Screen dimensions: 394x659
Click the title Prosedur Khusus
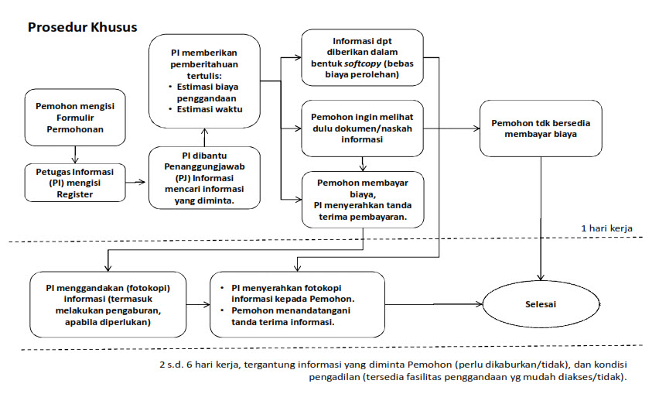pyautogui.click(x=83, y=27)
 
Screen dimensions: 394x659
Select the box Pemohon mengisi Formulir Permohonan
pyautogui.click(x=75, y=117)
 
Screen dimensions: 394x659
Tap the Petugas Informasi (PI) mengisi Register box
pyautogui.click(x=75, y=181)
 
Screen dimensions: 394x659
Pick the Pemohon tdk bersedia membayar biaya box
pyautogui.click(x=540, y=128)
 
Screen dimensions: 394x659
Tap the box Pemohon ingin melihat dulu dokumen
pyautogui.click(x=362, y=128)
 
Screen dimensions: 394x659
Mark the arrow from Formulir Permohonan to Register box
pyautogui.click(x=75, y=153)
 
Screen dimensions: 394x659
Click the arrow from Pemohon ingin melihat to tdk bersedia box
pyautogui.click(x=451, y=128)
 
